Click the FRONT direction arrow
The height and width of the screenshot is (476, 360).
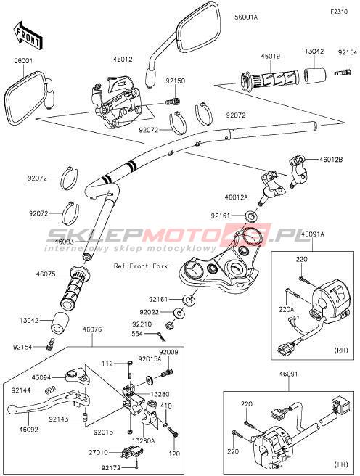[x=28, y=36]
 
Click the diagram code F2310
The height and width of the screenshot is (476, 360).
[x=339, y=12]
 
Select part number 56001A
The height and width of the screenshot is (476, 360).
[x=246, y=17]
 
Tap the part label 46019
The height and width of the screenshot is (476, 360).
[x=271, y=56]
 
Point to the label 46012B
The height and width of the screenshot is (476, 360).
[x=330, y=159]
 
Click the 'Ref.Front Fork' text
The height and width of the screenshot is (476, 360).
[x=141, y=266]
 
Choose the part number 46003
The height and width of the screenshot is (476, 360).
[x=65, y=242]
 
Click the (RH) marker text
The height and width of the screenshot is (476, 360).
[x=341, y=350]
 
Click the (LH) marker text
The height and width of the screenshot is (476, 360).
[x=341, y=464]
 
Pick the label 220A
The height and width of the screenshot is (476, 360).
[x=287, y=309]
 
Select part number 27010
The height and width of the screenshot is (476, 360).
[x=99, y=452]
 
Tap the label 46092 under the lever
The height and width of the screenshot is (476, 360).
[x=28, y=430]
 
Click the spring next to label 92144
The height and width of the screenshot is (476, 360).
[x=50, y=390]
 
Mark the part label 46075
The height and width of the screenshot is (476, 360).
[x=46, y=274]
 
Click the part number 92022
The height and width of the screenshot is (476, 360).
[x=150, y=312]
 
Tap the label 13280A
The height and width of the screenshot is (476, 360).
[x=143, y=440]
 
